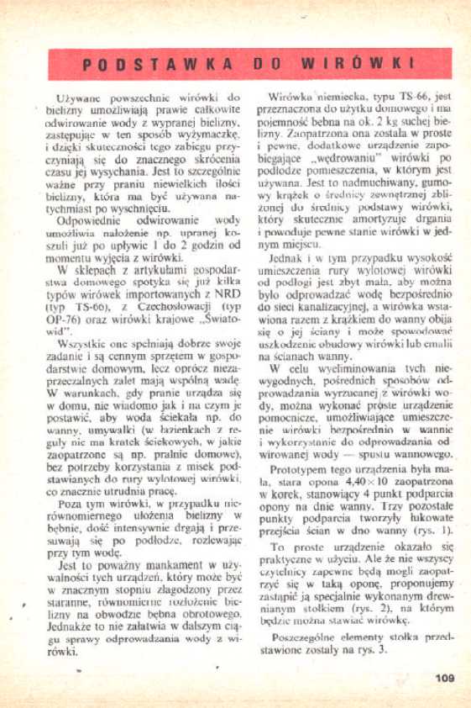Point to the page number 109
point(444,677)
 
